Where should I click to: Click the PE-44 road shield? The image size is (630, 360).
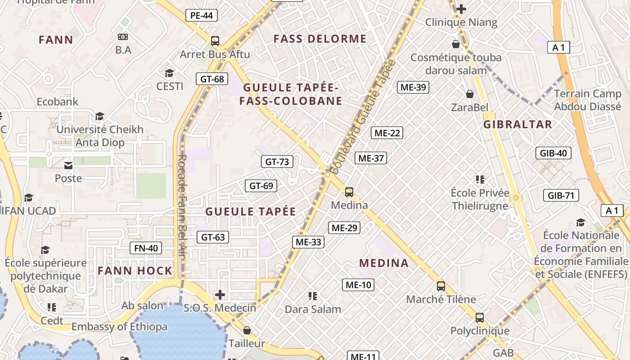[201, 15]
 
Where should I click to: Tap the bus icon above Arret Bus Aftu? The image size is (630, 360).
[215, 41]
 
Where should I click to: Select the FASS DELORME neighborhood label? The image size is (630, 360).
[320, 39]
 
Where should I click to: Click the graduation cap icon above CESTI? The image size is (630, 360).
[170, 73]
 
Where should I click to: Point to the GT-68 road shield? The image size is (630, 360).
[212, 79]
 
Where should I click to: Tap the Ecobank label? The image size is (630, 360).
[58, 102]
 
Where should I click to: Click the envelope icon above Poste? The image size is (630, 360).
[68, 166]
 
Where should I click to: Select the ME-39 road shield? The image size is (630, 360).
[413, 87]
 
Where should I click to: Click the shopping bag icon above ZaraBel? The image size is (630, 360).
[470, 94]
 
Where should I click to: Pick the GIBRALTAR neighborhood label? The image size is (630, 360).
[517, 125]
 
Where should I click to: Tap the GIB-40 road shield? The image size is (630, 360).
[553, 153]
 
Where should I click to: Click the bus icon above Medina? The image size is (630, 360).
[349, 192]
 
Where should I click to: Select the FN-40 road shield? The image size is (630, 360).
[146, 248]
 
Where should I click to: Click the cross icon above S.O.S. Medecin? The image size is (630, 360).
[220, 295]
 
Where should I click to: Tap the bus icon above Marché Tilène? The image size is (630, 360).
[441, 286]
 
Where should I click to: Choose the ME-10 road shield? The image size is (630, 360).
[358, 284]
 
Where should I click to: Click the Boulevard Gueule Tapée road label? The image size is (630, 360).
[363, 117]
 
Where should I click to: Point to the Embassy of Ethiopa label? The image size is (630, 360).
[119, 327]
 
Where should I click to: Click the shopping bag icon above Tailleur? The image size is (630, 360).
[247, 330]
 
